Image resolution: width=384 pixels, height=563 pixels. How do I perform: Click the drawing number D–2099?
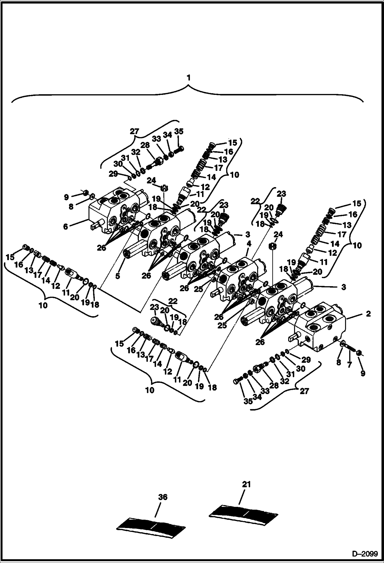pos(365,553)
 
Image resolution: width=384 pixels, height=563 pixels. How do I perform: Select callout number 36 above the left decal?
pos(163,497)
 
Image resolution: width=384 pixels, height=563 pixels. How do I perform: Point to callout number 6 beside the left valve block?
pos(66,227)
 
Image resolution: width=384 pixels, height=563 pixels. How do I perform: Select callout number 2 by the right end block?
pos(368,314)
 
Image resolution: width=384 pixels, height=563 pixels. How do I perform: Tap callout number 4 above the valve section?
pos(248,244)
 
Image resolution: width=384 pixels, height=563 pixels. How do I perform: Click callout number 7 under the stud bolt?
pos(349,365)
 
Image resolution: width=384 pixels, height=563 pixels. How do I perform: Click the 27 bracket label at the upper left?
pos(134,132)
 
